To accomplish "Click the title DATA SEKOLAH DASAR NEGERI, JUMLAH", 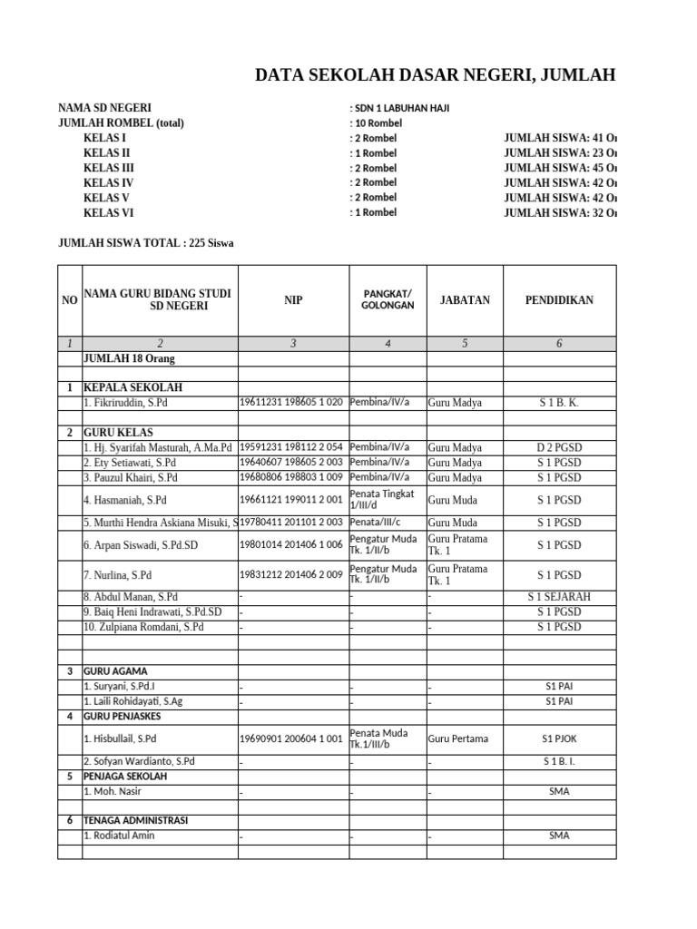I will [436, 75].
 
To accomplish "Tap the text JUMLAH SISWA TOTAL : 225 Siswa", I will [146, 242].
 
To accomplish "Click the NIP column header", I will [293, 299].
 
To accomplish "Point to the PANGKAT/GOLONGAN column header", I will [388, 299].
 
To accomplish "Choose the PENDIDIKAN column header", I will [559, 299].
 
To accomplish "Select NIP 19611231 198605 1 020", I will [291, 402].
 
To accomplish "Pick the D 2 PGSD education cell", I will [559, 447].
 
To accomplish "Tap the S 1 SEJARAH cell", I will [559, 597].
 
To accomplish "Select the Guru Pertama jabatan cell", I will [458, 738].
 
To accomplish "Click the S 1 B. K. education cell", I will [559, 403].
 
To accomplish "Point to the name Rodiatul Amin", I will [119, 836].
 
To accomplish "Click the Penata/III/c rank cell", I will [380, 522].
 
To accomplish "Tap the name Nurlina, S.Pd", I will [118, 575].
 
